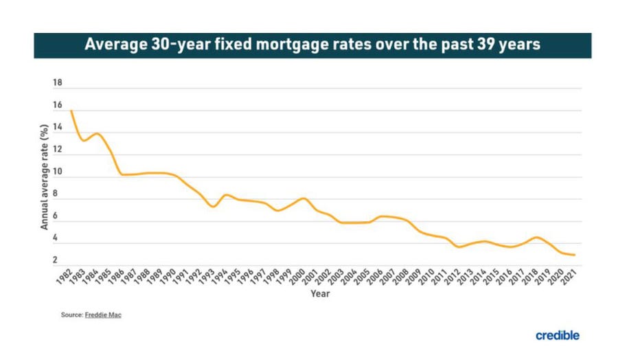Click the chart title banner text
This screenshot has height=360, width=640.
(312, 45)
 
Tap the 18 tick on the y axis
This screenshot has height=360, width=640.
(57, 83)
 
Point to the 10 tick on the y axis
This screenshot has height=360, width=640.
(57, 172)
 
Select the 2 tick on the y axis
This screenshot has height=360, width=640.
(55, 260)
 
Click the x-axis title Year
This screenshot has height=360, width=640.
(320, 294)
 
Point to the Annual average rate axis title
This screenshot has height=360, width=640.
(44, 176)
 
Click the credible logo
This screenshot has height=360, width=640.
(557, 335)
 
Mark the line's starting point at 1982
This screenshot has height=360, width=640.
(71, 111)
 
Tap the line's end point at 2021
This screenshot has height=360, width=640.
(574, 255)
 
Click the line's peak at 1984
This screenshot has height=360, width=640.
(97, 134)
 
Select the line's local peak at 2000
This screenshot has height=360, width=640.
(303, 199)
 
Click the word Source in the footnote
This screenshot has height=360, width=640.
(71, 315)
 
